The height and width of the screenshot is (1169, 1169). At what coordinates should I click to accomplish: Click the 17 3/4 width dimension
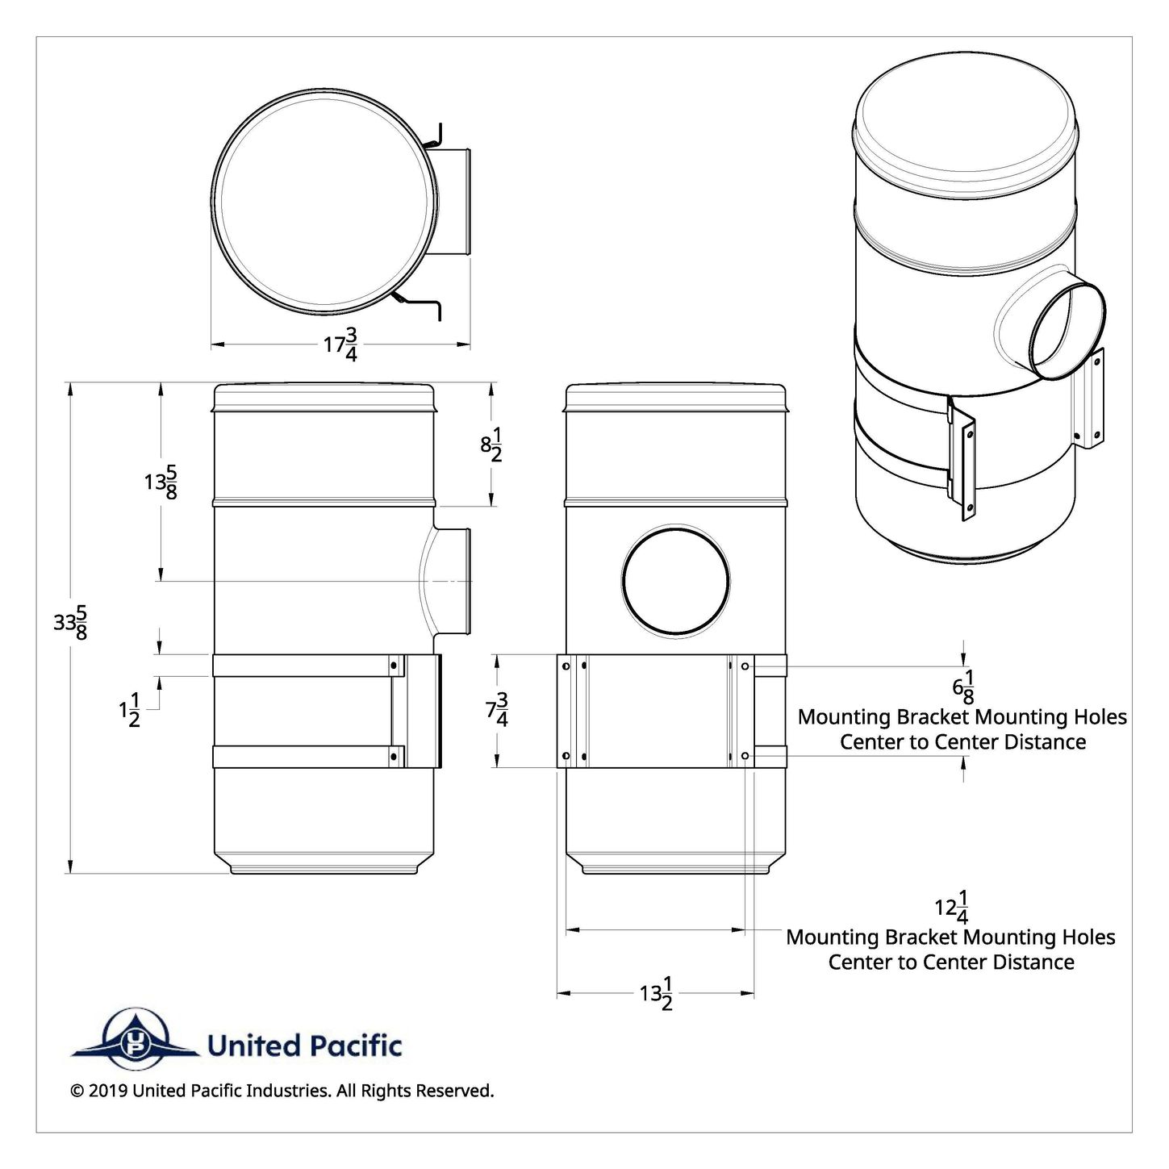click(340, 344)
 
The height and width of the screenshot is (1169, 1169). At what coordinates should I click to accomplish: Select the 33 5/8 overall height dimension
click(71, 626)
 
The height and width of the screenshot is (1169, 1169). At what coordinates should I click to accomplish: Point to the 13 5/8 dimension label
click(161, 482)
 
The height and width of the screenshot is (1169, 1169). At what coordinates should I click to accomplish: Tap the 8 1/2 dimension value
click(492, 445)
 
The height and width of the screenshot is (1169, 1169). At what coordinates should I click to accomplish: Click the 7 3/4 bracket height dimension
click(497, 710)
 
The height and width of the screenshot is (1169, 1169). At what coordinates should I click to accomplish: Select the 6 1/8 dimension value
click(963, 687)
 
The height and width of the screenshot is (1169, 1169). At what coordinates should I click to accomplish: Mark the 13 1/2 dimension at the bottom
click(657, 994)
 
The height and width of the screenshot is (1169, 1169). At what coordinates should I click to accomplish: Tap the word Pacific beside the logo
click(356, 1046)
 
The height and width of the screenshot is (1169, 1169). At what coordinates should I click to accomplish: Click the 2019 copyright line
click(282, 1091)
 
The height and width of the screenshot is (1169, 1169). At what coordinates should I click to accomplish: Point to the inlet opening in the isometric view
click(1067, 331)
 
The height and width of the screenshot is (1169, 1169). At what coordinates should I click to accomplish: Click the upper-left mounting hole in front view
click(565, 666)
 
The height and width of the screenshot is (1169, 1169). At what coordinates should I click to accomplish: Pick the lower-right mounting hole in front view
click(745, 756)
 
